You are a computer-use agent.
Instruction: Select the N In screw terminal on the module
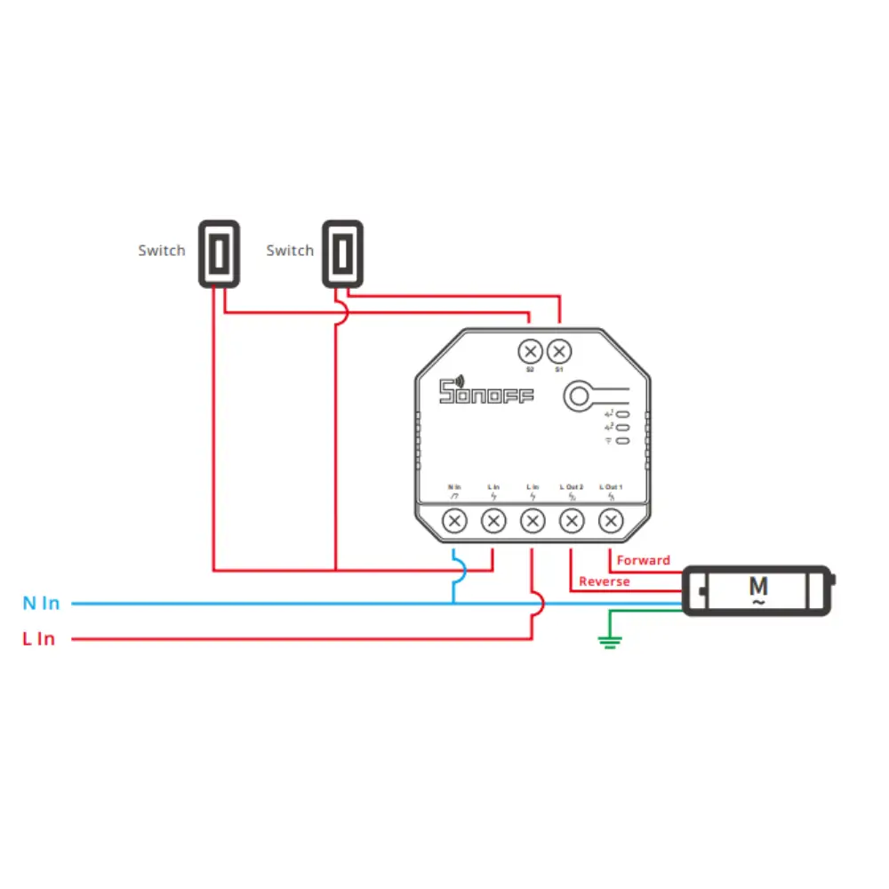click(x=454, y=521)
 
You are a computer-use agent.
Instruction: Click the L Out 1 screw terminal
click(x=611, y=521)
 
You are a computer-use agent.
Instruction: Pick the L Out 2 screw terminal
click(x=572, y=521)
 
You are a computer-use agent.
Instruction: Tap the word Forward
click(x=644, y=560)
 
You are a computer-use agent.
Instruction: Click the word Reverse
click(x=605, y=581)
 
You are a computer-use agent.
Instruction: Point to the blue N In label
click(x=41, y=604)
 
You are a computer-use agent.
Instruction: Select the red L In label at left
click(x=39, y=639)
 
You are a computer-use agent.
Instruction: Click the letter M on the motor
click(x=758, y=586)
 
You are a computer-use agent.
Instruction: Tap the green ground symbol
click(x=610, y=642)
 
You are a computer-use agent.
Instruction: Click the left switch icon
click(x=219, y=253)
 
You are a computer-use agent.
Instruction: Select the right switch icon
click(x=342, y=253)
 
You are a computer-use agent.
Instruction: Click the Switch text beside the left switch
click(x=162, y=251)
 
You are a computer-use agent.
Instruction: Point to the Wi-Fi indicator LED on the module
click(x=623, y=440)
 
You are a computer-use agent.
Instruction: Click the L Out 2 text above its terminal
click(x=572, y=487)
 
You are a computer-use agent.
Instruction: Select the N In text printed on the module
click(x=454, y=487)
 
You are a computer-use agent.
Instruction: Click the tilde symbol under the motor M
click(x=758, y=603)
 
